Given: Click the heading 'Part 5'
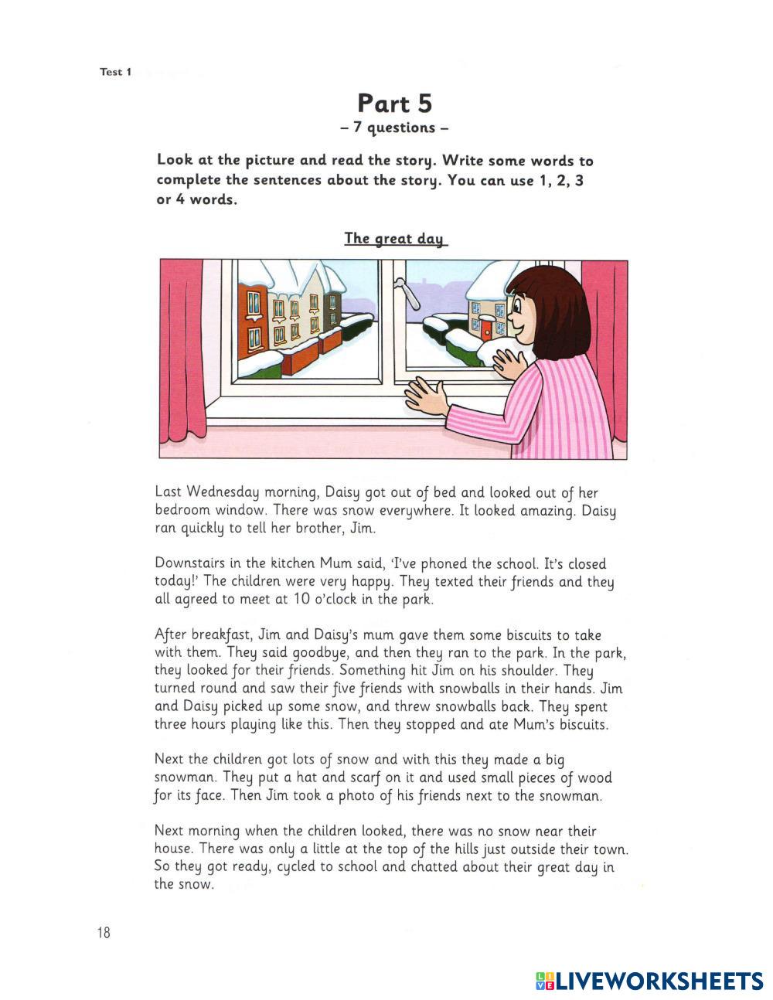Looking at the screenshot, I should point(394,104).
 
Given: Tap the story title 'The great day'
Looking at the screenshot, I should point(395,238).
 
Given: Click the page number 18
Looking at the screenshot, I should point(104,933).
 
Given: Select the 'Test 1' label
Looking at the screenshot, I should point(116,72).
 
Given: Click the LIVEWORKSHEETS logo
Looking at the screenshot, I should point(649,981).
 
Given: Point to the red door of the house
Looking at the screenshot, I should point(486,330).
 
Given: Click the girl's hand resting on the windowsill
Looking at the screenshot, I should point(426,396).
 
